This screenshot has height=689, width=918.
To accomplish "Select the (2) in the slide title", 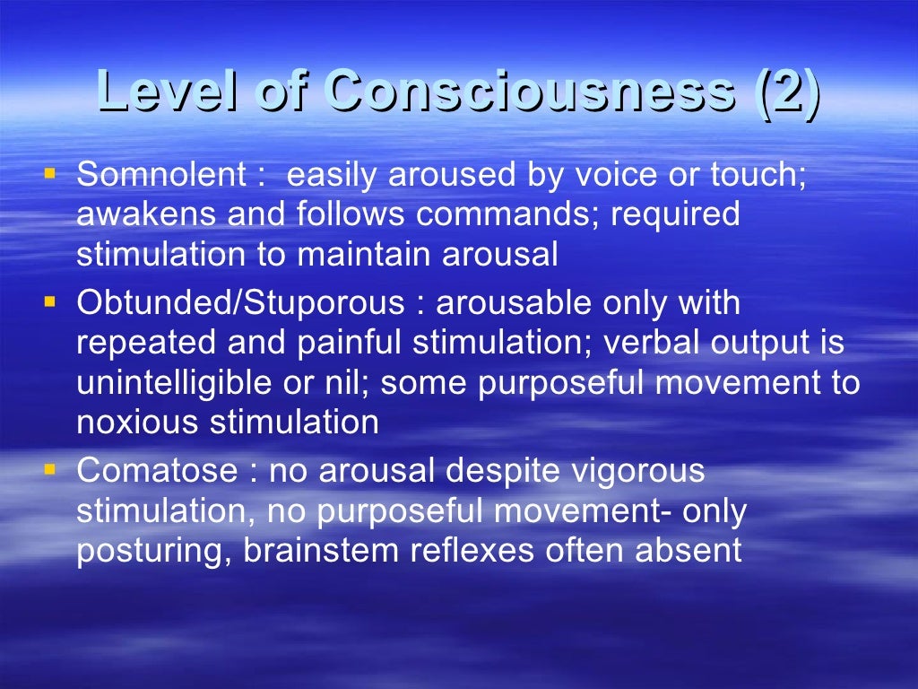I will coord(787,92).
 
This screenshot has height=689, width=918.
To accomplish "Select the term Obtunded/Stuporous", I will coord(241,304).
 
